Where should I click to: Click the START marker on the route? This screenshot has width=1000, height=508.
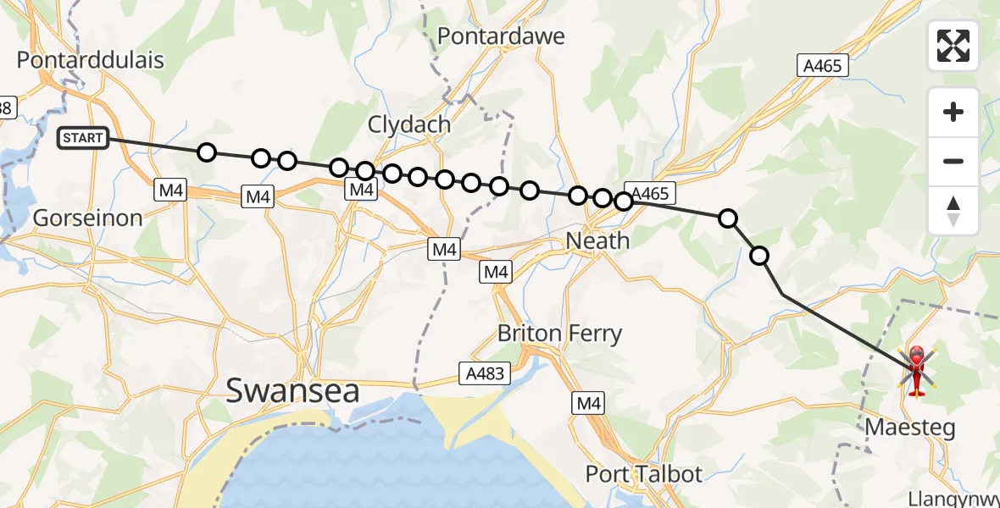tap(83, 138)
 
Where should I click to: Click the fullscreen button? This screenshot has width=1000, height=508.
tap(953, 46)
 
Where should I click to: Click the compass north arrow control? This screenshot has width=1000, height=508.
tap(953, 211)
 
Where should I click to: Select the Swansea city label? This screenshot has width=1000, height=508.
tap(292, 391)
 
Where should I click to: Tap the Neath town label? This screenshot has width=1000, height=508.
tap(597, 241)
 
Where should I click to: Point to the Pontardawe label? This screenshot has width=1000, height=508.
tap(501, 36)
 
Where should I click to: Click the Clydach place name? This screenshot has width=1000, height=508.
tap(408, 124)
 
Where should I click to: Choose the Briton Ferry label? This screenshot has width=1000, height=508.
tap(559, 334)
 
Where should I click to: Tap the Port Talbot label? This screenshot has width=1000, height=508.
tap(644, 474)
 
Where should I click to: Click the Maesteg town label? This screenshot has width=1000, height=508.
tap(909, 428)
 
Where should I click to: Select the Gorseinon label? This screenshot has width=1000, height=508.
tap(87, 218)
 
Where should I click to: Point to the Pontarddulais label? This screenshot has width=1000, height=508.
tap(91, 60)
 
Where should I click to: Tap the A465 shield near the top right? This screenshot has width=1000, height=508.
tap(822, 66)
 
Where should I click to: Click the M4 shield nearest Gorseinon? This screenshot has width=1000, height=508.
tap(171, 190)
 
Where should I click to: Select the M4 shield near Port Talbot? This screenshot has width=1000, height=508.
tap(589, 404)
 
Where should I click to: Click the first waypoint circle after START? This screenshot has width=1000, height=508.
tap(206, 152)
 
